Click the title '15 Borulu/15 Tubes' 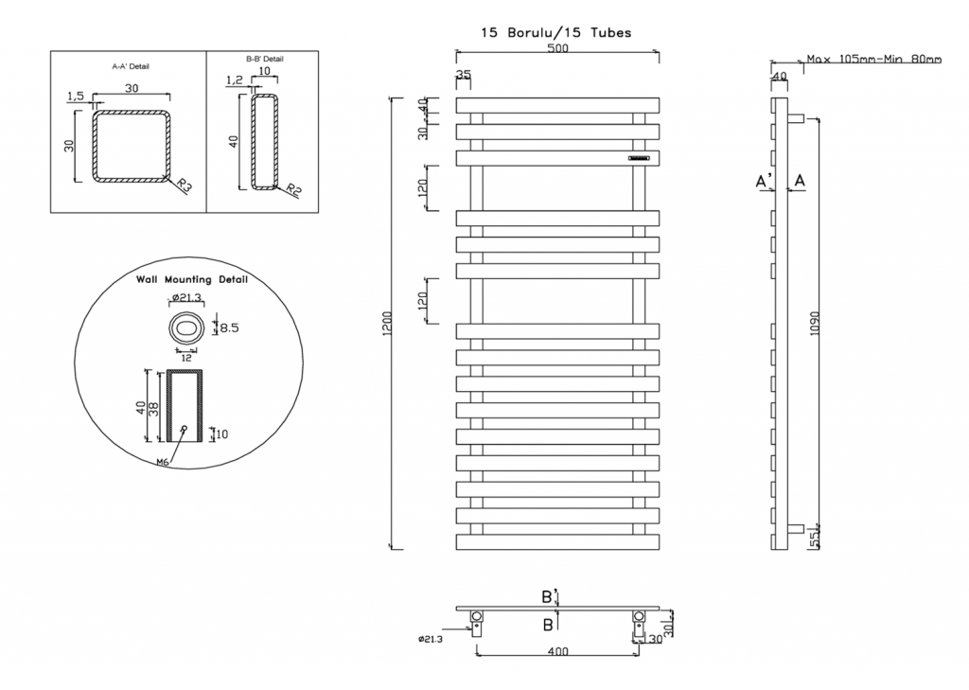pyautogui.click(x=556, y=33)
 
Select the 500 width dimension pyautogui.click(x=557, y=49)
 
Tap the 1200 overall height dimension pyautogui.click(x=387, y=324)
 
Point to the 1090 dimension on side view pyautogui.click(x=815, y=324)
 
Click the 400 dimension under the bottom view pyautogui.click(x=557, y=651)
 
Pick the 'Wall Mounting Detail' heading pyautogui.click(x=191, y=279)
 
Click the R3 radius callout pyautogui.click(x=184, y=185)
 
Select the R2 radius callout pyautogui.click(x=293, y=190)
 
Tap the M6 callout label pyautogui.click(x=163, y=462)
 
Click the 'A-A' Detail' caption pyautogui.click(x=131, y=66)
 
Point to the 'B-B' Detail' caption pyautogui.click(x=265, y=59)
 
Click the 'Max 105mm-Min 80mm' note pyautogui.click(x=873, y=60)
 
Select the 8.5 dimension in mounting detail pyautogui.click(x=229, y=327)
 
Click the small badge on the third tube pyautogui.click(x=639, y=158)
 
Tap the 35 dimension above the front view pyautogui.click(x=463, y=74)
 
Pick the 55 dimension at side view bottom pyautogui.click(x=815, y=540)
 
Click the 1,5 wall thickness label pyautogui.click(x=76, y=96)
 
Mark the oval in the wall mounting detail pyautogui.click(x=186, y=327)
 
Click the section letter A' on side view pyautogui.click(x=764, y=181)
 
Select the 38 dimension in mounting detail pyautogui.click(x=154, y=409)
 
